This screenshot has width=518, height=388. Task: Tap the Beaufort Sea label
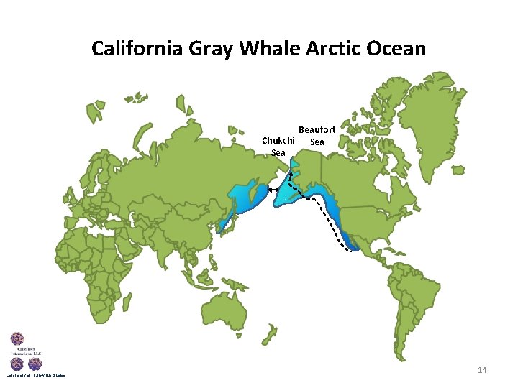pos(317,135)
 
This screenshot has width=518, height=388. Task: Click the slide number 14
pos(482,370)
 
